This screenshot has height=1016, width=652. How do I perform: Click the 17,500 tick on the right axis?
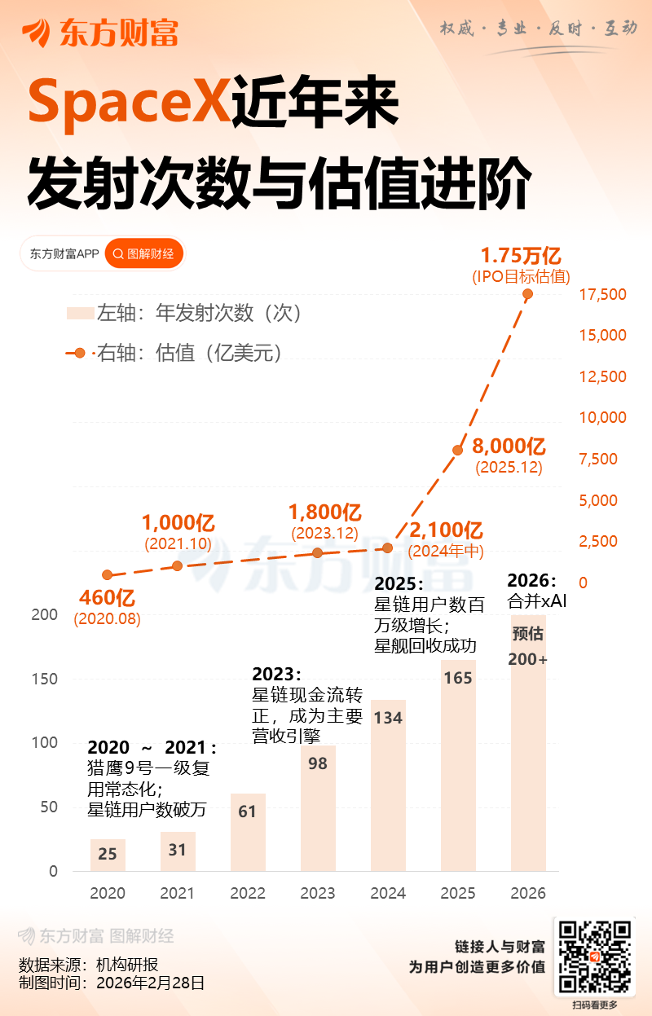point(602,294)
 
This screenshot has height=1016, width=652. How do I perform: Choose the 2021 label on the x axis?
point(178,894)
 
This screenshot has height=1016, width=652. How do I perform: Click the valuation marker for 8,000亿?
point(458,450)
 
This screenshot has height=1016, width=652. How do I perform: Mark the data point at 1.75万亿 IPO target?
point(528,293)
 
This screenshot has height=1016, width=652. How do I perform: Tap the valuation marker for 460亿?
point(108,575)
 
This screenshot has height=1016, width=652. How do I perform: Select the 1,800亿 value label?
point(325,512)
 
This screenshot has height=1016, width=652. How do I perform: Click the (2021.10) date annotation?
point(178,543)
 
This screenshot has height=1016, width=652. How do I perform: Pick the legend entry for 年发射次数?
point(183,313)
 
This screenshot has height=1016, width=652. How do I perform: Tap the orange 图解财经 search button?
point(144,254)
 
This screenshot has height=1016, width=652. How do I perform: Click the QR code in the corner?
point(595,957)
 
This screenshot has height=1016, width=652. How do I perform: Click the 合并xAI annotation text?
point(537,602)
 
